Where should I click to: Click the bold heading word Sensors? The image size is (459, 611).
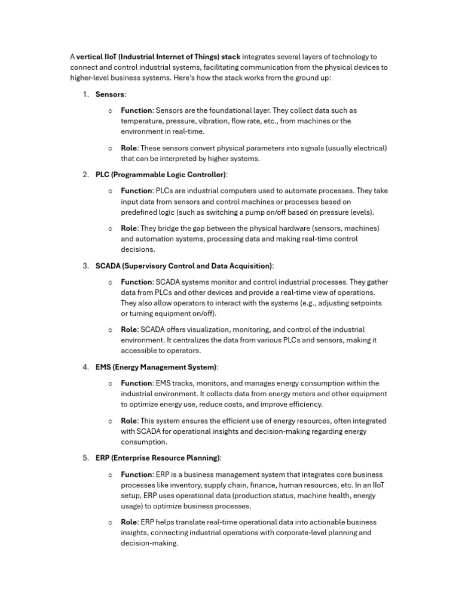(110, 94)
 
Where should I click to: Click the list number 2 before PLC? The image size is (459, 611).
(85, 175)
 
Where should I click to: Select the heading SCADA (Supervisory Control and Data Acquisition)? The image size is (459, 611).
(183, 266)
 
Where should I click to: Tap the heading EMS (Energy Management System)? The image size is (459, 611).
(157, 367)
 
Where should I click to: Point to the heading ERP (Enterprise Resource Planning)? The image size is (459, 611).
(158, 458)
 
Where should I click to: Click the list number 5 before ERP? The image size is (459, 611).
(85, 458)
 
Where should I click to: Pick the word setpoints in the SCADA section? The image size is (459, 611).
(365, 303)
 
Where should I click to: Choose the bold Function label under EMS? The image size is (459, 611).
(136, 383)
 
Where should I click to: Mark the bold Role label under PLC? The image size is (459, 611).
(129, 229)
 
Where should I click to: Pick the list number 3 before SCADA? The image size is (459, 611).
(85, 266)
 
